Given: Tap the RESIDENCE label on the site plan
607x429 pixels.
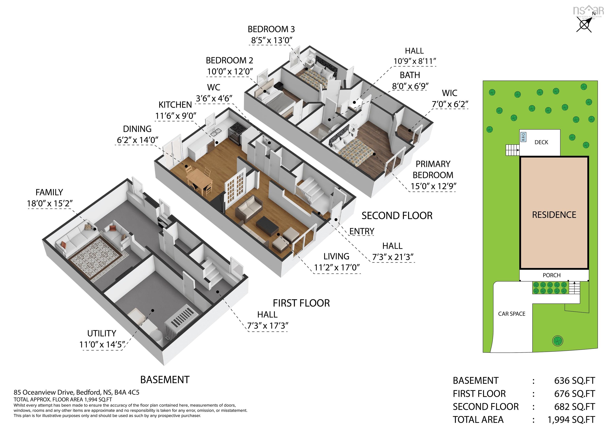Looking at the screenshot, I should pyautogui.click(x=554, y=215).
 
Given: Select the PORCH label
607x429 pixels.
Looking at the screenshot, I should pyautogui.click(x=551, y=275).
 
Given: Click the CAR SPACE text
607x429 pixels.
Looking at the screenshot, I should pyautogui.click(x=512, y=314).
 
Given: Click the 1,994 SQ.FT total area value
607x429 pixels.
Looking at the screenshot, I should pyautogui.click(x=571, y=420).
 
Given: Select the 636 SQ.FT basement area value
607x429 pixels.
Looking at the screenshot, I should pyautogui.click(x=574, y=381).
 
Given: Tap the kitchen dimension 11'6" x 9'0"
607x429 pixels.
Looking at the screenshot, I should pyautogui.click(x=175, y=116).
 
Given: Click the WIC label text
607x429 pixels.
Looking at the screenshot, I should pyautogui.click(x=450, y=93).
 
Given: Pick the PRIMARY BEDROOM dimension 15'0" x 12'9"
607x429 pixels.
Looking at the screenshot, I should pyautogui.click(x=433, y=186).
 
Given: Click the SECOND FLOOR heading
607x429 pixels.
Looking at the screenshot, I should pyautogui.click(x=397, y=216).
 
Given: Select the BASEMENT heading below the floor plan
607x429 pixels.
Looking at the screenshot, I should pyautogui.click(x=165, y=380).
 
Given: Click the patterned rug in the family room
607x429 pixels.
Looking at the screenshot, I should pyautogui.click(x=96, y=256).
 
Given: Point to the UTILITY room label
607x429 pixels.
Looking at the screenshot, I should pyautogui.click(x=102, y=333).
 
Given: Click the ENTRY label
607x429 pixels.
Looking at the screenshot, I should pyautogui.click(x=362, y=231).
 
